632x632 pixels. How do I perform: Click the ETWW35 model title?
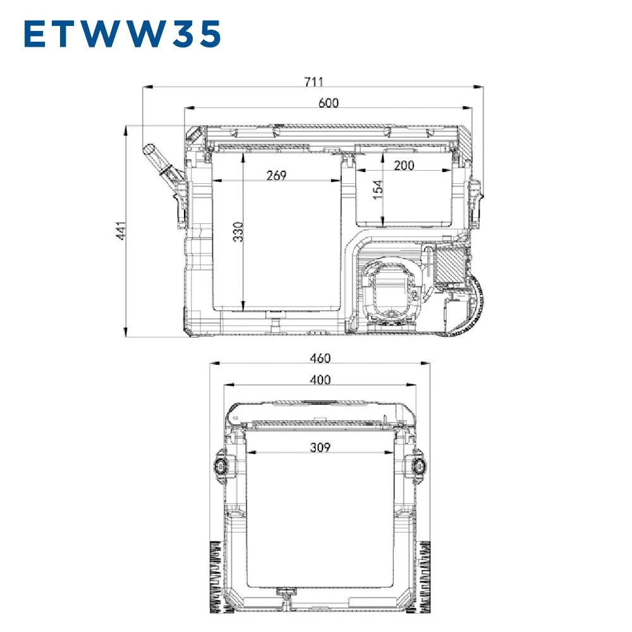123,34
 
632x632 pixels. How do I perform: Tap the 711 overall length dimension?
313,82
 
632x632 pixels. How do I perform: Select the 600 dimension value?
329,103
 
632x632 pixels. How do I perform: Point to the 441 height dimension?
121,231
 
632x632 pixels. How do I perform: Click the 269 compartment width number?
277,175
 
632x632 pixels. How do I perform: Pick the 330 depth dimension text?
238,232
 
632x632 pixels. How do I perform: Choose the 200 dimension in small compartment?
404,165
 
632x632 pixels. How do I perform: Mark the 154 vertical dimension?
378,190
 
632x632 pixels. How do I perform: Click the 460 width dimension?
320,358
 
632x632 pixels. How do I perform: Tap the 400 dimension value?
320,380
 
